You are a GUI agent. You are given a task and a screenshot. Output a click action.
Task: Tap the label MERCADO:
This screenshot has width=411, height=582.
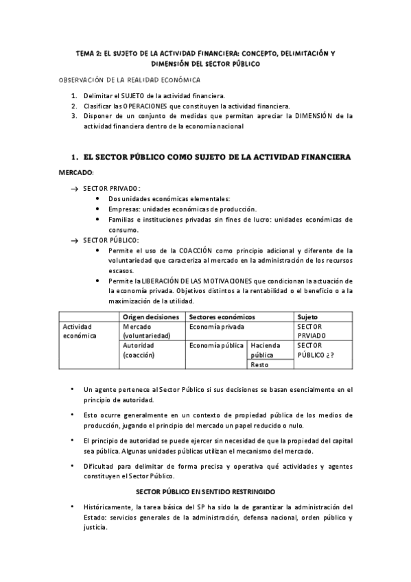point(76,172)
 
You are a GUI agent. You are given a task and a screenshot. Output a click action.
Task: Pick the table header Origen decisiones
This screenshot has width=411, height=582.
point(151,317)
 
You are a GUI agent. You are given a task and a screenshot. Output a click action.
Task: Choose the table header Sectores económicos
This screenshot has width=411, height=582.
point(222,317)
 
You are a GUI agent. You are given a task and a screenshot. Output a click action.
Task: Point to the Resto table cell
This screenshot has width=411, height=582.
point(259,364)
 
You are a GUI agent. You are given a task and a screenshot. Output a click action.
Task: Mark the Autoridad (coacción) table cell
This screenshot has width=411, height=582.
point(140,350)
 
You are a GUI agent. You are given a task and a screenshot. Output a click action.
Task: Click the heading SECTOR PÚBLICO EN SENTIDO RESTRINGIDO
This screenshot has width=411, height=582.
point(206,491)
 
